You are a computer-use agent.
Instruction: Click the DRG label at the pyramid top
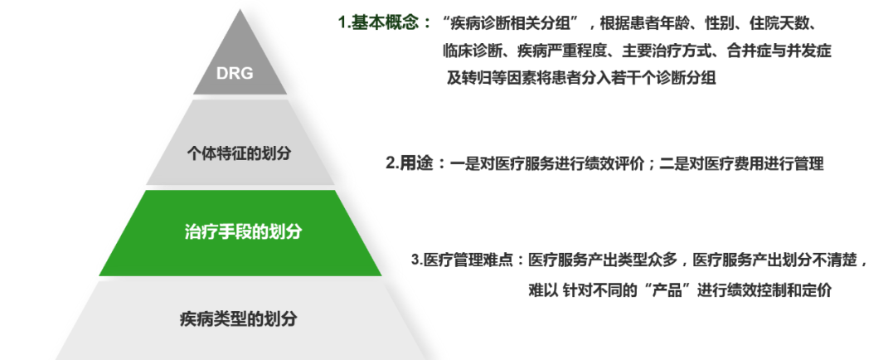point(235,72)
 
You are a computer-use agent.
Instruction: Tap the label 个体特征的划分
point(239,153)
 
